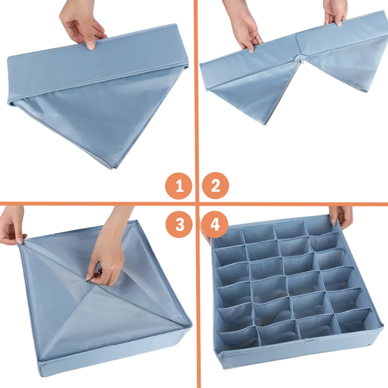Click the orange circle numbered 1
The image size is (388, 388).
179,186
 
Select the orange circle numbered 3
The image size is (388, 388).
179,224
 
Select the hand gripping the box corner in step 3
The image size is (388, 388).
12,226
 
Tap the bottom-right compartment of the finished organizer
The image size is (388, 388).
356,320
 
